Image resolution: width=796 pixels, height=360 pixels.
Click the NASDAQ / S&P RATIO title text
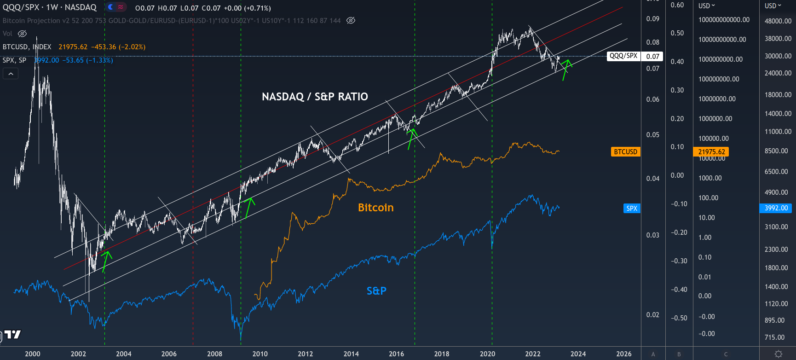pos(315,97)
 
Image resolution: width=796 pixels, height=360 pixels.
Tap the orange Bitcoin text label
pos(375,208)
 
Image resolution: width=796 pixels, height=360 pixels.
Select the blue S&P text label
pos(376,291)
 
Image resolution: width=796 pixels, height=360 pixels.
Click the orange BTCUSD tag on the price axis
pos(625,152)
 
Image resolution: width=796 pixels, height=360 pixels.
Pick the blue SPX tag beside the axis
pos(632,209)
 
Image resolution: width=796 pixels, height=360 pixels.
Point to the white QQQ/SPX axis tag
pos(623,56)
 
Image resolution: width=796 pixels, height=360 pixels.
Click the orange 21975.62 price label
pos(711,152)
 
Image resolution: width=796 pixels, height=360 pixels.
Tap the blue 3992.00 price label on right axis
pos(776,208)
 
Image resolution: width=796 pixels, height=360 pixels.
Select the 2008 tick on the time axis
pos(214,354)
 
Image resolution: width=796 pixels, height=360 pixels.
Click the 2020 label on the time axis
pos(487,354)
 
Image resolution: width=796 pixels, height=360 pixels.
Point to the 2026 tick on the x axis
pos(623,354)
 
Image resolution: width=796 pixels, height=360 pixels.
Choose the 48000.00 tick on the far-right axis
pos(778,21)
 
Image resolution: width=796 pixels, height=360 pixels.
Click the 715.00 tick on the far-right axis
pos(774,337)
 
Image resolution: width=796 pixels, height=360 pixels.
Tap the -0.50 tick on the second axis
pos(679,318)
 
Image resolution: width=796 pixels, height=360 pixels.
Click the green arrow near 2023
pos(565,69)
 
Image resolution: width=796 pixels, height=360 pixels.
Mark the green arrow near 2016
pos(411,138)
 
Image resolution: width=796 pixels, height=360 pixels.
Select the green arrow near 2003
pos(106,261)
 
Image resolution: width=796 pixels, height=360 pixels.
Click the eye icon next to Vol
pos(22,34)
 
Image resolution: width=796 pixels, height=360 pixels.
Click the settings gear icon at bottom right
pos(778,354)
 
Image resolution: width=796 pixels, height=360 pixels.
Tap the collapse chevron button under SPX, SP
pos(11,74)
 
